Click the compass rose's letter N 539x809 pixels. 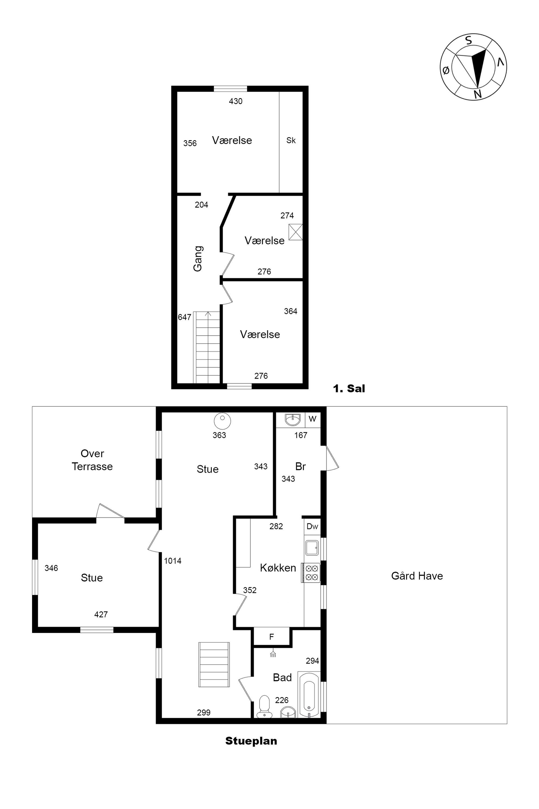coord(478,94)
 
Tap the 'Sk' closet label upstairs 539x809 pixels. coord(291,140)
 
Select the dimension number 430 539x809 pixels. coord(236,101)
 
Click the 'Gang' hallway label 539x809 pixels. coord(198,258)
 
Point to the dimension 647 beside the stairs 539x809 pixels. coord(185,317)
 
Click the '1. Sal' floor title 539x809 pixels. coord(349,389)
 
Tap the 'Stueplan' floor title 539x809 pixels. coord(251,741)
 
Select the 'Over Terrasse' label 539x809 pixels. coord(92,460)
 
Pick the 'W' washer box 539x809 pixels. coord(312,420)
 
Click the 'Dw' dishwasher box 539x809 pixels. coord(312,526)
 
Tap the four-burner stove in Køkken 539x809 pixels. coord(311,573)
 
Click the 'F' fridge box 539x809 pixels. coord(272,637)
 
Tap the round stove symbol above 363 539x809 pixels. coord(222,420)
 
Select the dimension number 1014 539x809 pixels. coord(172,561)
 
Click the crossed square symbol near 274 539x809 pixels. coord(296,232)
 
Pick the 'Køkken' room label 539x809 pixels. coord(278,568)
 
